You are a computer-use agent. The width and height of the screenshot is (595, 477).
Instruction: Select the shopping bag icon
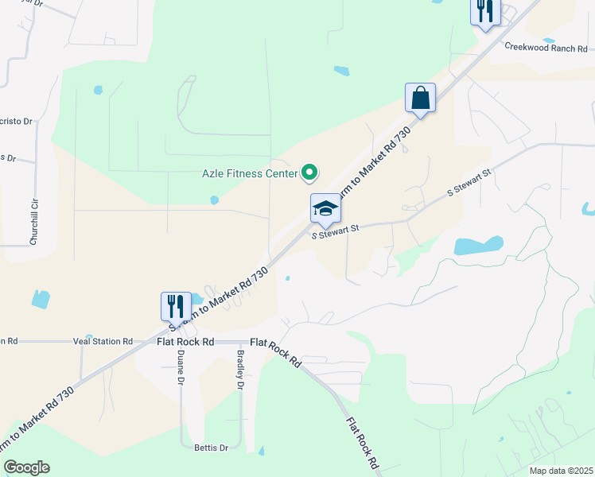click(x=420, y=99)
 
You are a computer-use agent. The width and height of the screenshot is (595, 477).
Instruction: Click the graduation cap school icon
click(x=325, y=210)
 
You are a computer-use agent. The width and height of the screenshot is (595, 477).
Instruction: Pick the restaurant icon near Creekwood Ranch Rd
click(x=484, y=11)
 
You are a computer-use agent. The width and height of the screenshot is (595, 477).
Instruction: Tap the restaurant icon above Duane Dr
click(x=176, y=306)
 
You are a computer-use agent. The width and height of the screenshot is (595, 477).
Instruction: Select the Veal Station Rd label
click(x=103, y=342)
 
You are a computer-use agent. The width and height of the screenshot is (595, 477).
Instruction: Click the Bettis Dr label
click(x=212, y=448)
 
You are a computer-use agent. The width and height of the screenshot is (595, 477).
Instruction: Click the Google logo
click(x=26, y=467)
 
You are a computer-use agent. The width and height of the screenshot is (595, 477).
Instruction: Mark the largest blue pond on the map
click(x=479, y=245)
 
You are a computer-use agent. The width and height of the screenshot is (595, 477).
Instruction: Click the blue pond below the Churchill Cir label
click(x=39, y=299)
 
